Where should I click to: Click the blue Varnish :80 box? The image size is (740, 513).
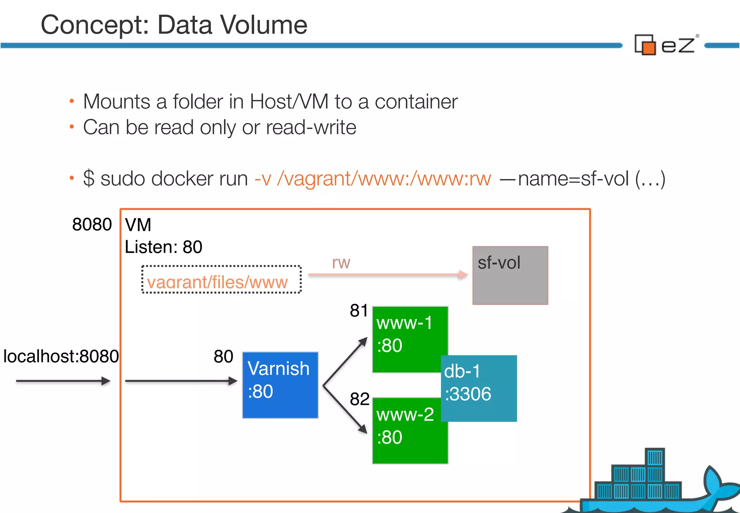[x=280, y=385]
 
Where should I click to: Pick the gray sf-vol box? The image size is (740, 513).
[x=510, y=276]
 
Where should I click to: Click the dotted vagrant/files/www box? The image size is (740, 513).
[x=221, y=280]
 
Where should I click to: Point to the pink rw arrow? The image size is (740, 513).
[x=387, y=275]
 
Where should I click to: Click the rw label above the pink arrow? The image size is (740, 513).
[x=341, y=262]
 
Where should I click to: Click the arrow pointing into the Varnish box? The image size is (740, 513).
[x=181, y=381]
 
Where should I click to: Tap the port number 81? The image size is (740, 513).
[x=358, y=310]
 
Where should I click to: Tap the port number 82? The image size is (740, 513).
[x=359, y=399]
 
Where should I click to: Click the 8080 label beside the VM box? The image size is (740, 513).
[x=92, y=224]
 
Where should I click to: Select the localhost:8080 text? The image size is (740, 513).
[x=61, y=356]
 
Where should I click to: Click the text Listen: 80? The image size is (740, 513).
[x=163, y=247]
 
